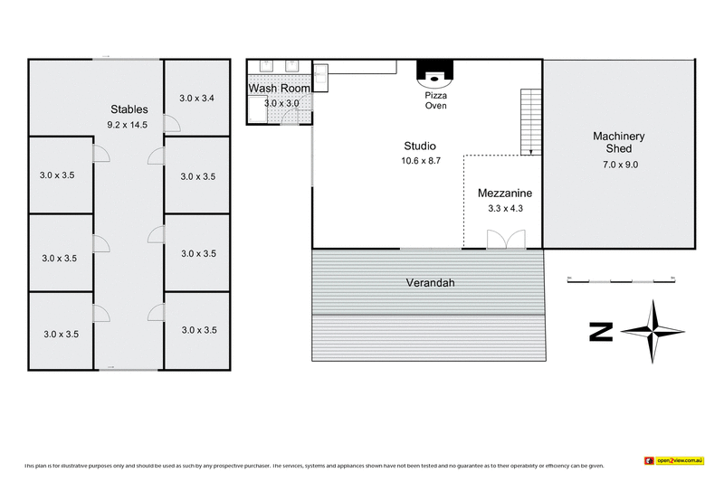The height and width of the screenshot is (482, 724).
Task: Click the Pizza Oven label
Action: coord(435,100)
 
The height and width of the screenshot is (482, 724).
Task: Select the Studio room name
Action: coord(420,146)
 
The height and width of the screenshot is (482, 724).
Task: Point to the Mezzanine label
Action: coord(505,194)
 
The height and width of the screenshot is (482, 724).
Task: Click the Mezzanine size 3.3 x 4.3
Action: coord(505,209)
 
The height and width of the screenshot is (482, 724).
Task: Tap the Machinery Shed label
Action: coord(619,143)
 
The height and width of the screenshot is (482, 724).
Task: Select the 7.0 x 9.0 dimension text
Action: coord(619,165)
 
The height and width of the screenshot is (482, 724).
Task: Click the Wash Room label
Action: coord(280,89)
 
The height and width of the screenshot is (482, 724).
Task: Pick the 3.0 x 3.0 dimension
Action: coord(281,104)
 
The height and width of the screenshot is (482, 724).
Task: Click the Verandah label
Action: coord(429,282)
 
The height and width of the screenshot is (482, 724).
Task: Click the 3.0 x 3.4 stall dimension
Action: coord(196,98)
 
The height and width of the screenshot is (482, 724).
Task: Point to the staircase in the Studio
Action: coord(531,121)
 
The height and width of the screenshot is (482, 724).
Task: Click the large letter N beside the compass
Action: coord(600,332)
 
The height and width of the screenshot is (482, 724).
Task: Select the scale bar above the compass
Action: coord(621,281)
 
